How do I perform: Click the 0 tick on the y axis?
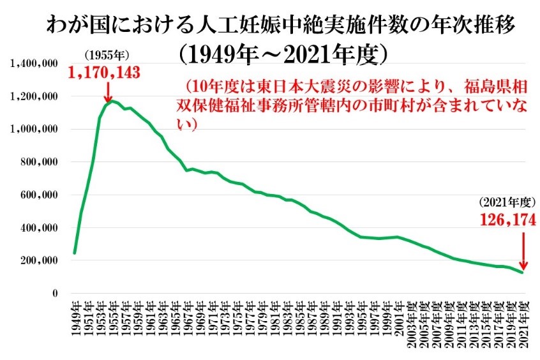point(56,294)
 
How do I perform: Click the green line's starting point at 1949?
point(75,253)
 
